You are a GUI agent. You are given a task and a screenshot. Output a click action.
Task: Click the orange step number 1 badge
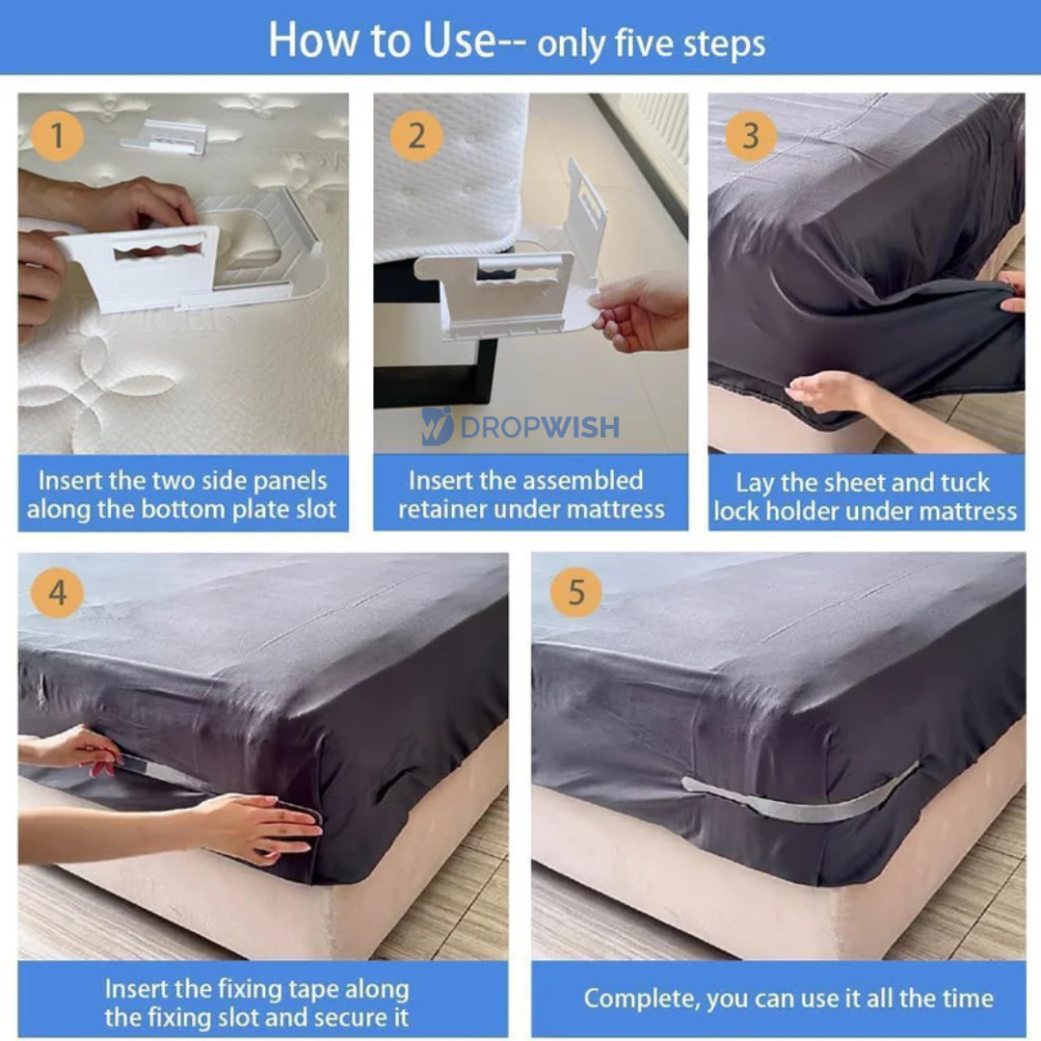(x=57, y=136)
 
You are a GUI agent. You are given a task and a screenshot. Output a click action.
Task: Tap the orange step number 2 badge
(x=416, y=136)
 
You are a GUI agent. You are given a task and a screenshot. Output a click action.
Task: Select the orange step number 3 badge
(x=751, y=136)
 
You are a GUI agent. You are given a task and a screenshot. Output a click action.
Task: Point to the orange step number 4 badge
(x=58, y=592)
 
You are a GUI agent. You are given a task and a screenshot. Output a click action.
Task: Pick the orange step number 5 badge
(x=576, y=592)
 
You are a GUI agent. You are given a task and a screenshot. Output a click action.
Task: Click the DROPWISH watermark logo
(x=520, y=426)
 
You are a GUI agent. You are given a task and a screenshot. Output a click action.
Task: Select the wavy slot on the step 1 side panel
(x=158, y=251)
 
